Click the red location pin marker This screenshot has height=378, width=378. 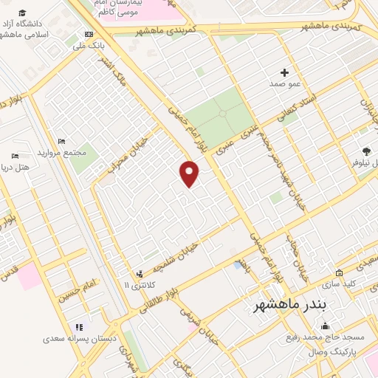coord(190,173)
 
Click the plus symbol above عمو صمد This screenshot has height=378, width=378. coord(285,72)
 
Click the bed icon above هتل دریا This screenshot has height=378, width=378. coord(15,157)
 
